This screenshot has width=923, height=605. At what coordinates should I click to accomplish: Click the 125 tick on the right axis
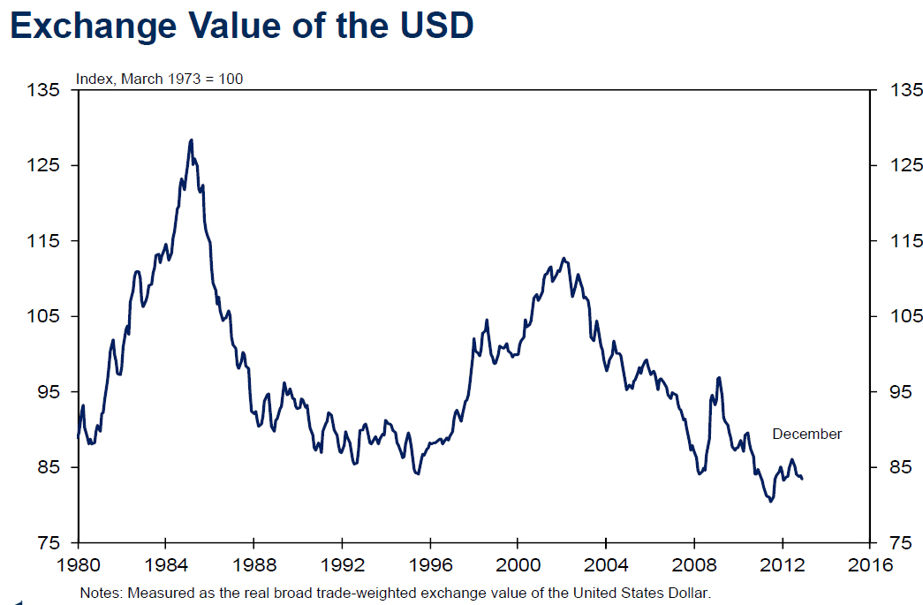click(898, 165)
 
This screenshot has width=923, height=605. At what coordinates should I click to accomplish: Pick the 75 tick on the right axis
click(895, 542)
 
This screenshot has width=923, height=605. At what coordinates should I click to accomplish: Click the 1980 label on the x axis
click(79, 563)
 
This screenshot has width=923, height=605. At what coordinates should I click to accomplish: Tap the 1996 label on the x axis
click(429, 563)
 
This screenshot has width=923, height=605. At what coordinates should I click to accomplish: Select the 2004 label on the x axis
click(605, 563)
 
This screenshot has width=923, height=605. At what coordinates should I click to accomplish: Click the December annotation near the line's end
click(807, 434)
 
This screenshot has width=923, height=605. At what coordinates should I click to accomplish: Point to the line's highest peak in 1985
click(191, 140)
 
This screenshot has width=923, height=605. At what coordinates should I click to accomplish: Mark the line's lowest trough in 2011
click(770, 501)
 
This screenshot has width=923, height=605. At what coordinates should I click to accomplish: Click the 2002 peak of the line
click(564, 258)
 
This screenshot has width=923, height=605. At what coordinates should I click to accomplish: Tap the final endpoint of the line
click(801, 479)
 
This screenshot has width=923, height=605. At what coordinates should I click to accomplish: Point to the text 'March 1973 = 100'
click(182, 79)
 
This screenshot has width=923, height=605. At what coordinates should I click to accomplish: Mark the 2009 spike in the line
click(719, 378)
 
